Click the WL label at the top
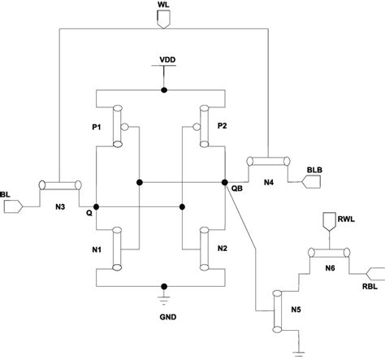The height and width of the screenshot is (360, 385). pyautogui.click(x=163, y=6)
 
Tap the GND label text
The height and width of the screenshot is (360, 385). pyautogui.click(x=165, y=318)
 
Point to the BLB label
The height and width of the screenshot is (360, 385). pyautogui.click(x=315, y=169)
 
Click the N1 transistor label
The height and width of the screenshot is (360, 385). pyautogui.click(x=97, y=248)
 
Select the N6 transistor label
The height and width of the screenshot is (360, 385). pyautogui.click(x=330, y=267)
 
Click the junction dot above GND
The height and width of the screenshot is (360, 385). pyautogui.click(x=165, y=287)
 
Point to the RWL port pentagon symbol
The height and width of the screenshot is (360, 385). pyautogui.click(x=328, y=220)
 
